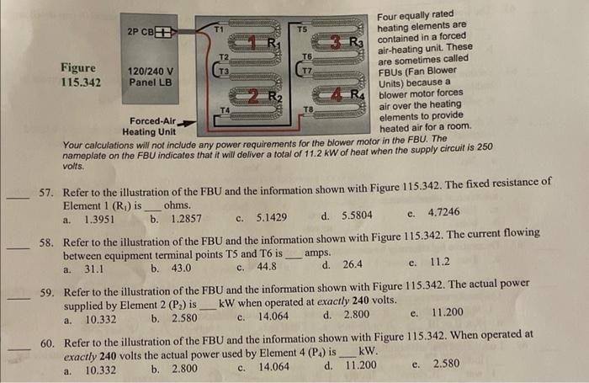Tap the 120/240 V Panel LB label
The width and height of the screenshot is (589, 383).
tap(151, 77)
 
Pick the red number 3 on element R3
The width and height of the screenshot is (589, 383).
tap(337, 42)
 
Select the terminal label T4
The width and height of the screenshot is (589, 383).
tap(224, 110)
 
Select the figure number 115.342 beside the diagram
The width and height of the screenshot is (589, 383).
tap(81, 82)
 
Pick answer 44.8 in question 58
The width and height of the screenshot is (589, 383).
tap(268, 269)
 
